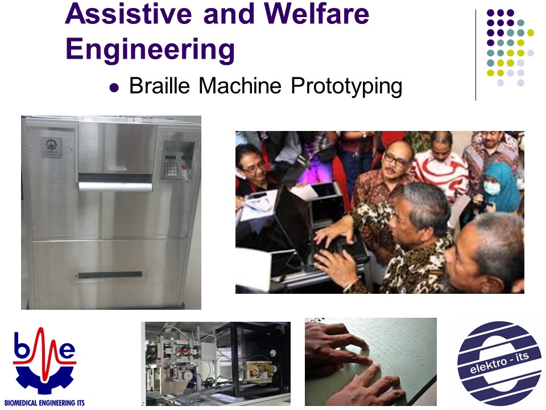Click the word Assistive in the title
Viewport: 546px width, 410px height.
click(129, 13)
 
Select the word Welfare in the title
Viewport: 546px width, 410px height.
click(317, 13)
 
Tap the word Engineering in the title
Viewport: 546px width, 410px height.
click(150, 50)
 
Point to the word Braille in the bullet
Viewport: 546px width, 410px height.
click(159, 85)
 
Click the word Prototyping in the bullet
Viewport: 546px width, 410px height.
click(346, 87)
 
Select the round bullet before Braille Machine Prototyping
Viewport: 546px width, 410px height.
click(114, 87)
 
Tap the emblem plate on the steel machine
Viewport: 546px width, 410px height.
click(52, 147)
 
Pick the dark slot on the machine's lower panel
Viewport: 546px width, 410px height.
click(110, 275)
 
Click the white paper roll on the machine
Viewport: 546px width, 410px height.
click(115, 187)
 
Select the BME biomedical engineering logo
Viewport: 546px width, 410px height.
click(44, 361)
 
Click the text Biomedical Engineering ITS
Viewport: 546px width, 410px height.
click(44, 403)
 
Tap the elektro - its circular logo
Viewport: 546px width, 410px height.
click(499, 363)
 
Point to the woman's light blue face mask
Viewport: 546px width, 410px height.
click(491, 188)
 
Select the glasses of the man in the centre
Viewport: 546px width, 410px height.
click(396, 160)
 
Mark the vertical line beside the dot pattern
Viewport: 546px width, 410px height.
click(475, 55)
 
